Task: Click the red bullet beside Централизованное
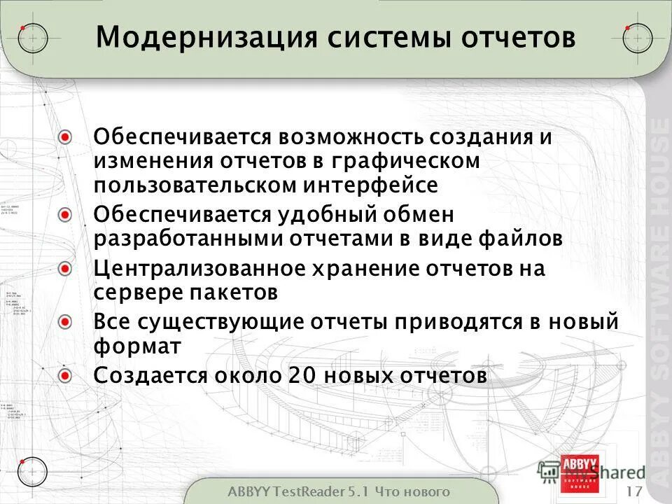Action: (x=65, y=269)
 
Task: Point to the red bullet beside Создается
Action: (x=65, y=376)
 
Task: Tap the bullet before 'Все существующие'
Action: (x=65, y=323)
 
